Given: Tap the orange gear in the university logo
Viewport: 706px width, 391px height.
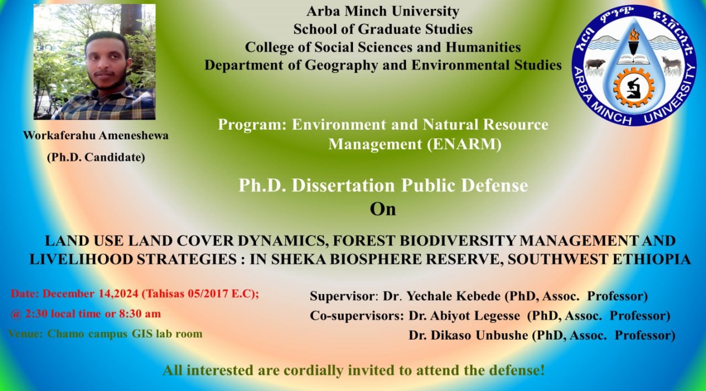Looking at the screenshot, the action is (x=634, y=88).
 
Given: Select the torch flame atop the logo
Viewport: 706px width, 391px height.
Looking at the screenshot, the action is (x=634, y=34).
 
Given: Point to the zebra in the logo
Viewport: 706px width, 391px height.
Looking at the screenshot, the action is (x=671, y=65).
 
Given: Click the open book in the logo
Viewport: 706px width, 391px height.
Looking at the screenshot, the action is (x=634, y=59).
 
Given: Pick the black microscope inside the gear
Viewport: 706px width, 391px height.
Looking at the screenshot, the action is (x=634, y=88).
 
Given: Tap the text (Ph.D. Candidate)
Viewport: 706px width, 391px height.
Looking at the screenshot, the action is (x=96, y=157).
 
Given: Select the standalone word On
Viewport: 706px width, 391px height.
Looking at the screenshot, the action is (x=383, y=209).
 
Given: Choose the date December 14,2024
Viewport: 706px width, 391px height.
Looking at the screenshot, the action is (x=90, y=293).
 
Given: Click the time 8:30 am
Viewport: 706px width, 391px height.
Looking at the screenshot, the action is (x=140, y=314).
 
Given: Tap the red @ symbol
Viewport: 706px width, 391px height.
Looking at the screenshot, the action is (x=15, y=314).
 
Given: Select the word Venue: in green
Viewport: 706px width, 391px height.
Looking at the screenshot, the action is (x=25, y=334).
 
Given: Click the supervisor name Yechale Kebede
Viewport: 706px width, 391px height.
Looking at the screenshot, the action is (x=453, y=296).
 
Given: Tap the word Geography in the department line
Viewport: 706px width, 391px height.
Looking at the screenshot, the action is (x=341, y=66).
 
